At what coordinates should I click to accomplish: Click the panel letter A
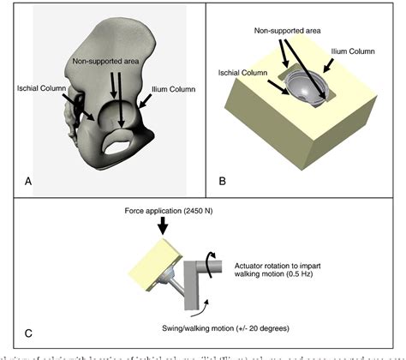[x=29, y=181]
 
